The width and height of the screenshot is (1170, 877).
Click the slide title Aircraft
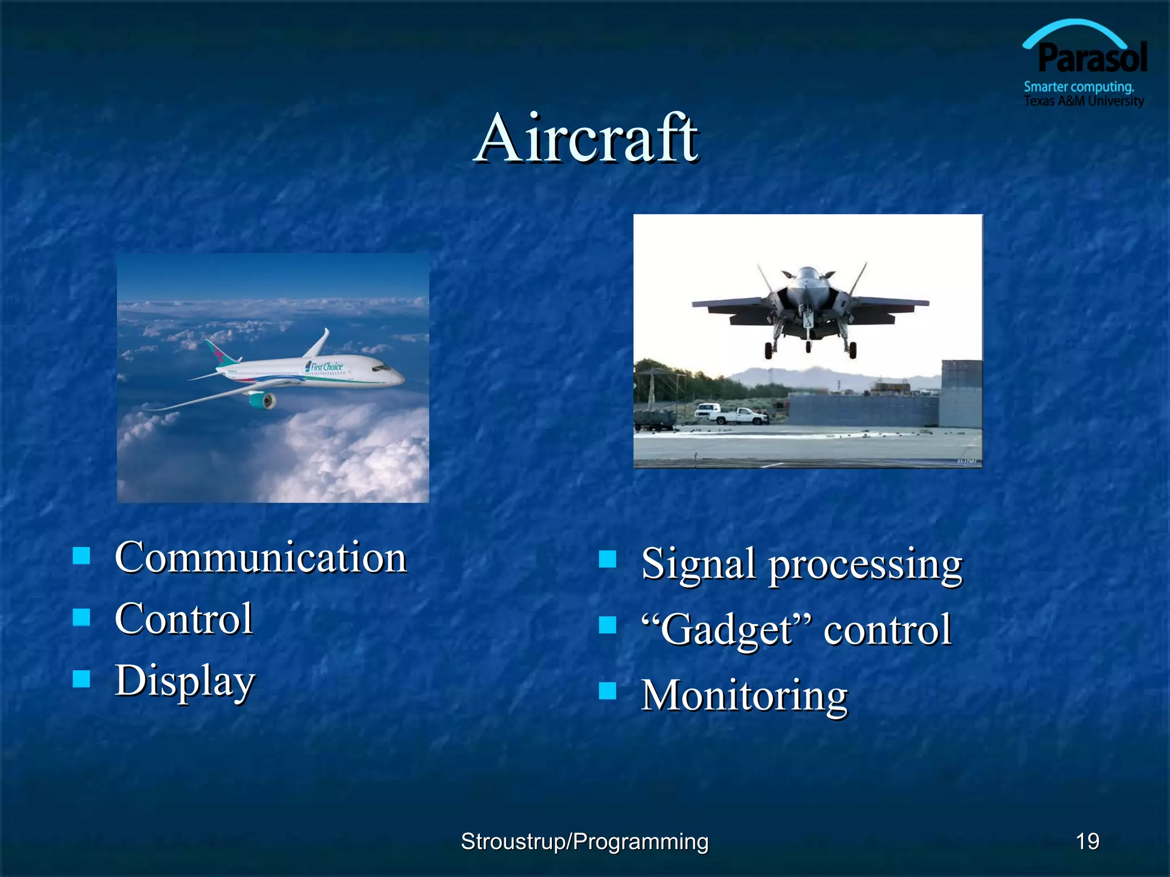[x=587, y=139]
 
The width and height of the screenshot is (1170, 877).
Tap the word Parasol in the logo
[x=1092, y=58]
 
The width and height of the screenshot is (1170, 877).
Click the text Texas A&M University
[x=1083, y=101]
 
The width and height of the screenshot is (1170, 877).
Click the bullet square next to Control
[x=82, y=617]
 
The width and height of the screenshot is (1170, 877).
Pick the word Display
[x=185, y=681]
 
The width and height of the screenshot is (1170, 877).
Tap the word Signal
[x=698, y=564]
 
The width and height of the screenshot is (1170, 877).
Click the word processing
[x=865, y=565]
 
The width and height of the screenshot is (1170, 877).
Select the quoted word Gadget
[x=727, y=629]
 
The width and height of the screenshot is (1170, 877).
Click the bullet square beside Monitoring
[x=607, y=691]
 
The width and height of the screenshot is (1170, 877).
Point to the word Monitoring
[x=744, y=695]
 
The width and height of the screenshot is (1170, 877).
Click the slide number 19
[x=1087, y=841]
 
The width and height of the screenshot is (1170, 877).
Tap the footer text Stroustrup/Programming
[x=584, y=842]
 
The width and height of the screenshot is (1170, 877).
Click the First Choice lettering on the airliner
[x=326, y=367]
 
